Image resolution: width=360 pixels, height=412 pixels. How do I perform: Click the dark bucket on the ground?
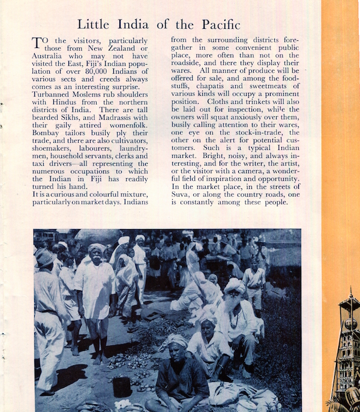[122, 387]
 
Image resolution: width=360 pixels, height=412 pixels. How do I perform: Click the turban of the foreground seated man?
[178, 342]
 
